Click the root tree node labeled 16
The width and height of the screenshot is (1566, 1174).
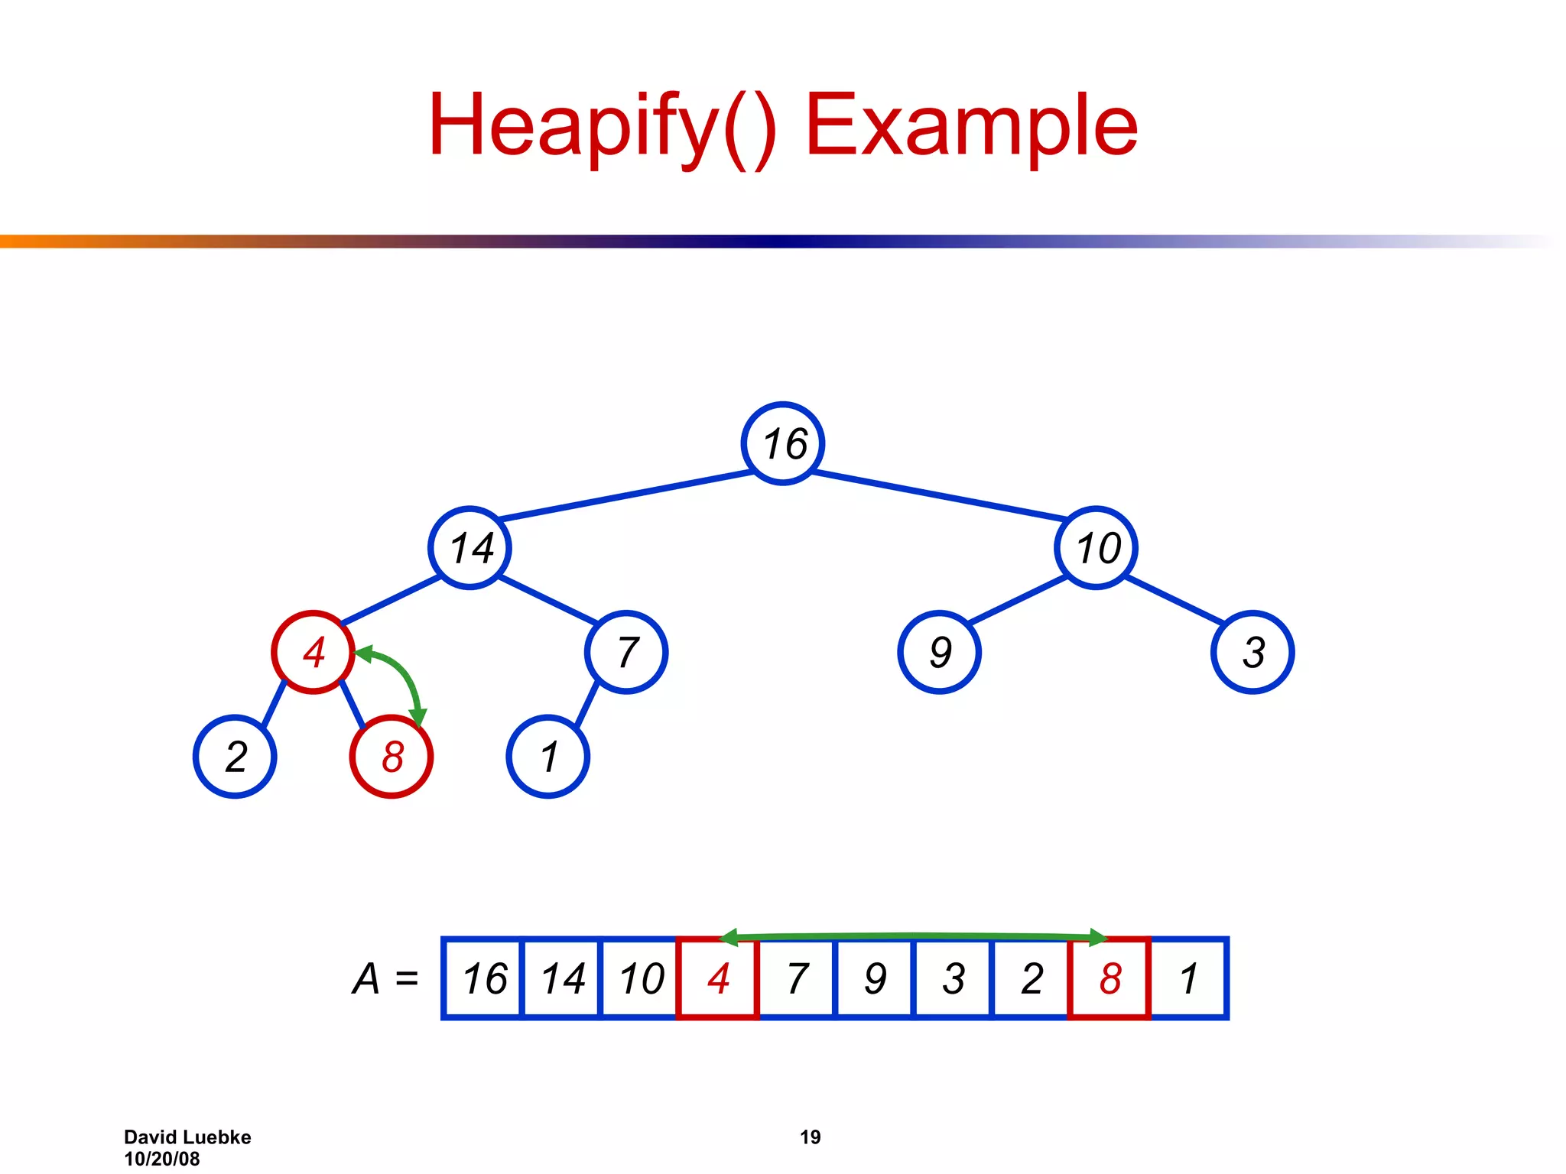pos(782,443)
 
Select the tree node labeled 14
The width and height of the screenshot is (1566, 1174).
pos(469,548)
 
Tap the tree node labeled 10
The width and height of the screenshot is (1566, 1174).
pos(1096,548)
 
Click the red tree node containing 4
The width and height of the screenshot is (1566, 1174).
pos(313,652)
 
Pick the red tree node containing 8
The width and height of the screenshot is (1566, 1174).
pos(391,757)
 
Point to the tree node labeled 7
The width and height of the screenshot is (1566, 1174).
pos(626,652)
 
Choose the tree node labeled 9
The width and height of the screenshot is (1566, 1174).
pos(939,652)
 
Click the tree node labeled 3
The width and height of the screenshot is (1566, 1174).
pos(1252,652)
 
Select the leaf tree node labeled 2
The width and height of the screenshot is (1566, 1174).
pos(235,757)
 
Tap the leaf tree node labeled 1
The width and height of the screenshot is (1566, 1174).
pos(547,757)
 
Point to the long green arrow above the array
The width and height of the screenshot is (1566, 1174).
pos(914,936)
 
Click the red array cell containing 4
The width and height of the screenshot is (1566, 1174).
pos(718,978)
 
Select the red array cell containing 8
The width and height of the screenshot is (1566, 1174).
pos(1110,978)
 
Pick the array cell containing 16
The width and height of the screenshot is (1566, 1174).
pos(483,978)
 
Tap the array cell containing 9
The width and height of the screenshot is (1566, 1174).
pos(875,978)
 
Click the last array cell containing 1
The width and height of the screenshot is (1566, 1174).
pos(1188,978)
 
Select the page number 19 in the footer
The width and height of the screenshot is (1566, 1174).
pos(810,1137)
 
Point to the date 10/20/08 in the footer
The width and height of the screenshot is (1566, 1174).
pos(161,1159)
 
